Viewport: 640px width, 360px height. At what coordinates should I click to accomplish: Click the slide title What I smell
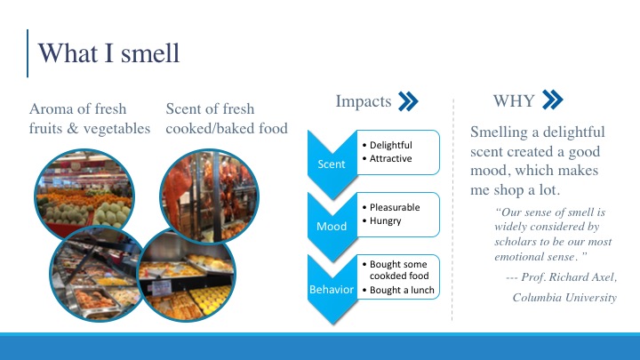[x=108, y=53]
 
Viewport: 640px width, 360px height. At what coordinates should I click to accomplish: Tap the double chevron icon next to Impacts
[x=408, y=101]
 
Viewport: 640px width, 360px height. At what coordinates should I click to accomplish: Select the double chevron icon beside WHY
[x=553, y=100]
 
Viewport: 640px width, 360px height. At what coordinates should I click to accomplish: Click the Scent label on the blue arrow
[x=332, y=164]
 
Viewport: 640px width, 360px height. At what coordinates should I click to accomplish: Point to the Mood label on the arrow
[x=332, y=226]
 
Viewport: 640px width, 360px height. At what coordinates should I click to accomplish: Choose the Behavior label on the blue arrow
[x=332, y=290]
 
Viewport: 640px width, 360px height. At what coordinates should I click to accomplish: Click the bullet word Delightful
[x=390, y=145]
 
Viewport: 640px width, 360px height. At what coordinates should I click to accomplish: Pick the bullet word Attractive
[x=390, y=158]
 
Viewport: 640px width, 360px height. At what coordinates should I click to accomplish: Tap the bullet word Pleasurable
[x=395, y=207]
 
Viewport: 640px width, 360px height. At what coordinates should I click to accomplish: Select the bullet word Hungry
[x=385, y=220]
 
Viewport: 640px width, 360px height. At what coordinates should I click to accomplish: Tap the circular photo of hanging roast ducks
[x=210, y=196]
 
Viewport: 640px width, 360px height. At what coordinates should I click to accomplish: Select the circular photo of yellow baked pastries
[x=187, y=276]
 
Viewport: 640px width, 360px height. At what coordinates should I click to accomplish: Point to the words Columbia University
[x=564, y=297]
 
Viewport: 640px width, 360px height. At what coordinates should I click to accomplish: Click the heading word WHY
[x=514, y=100]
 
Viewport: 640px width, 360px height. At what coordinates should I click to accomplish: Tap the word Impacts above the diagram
[x=364, y=101]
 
